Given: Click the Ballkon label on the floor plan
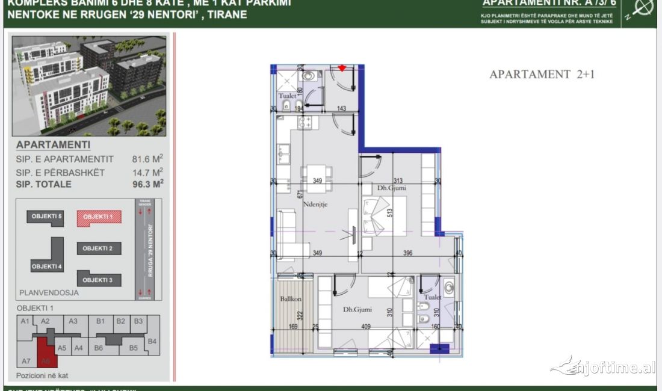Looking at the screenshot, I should click(x=291, y=299).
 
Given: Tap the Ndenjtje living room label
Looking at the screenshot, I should click(x=314, y=205).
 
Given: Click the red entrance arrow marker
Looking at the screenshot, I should click(x=342, y=68).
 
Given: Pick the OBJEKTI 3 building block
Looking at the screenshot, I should click(x=98, y=280).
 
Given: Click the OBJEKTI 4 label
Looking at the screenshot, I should click(x=46, y=266).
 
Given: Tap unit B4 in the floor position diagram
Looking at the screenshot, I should click(x=152, y=341).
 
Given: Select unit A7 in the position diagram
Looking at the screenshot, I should click(x=26, y=361).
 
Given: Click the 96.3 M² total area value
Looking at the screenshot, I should click(x=147, y=184).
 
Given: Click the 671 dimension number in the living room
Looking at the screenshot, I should click(x=299, y=194).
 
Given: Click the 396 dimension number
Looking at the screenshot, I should click(x=407, y=253).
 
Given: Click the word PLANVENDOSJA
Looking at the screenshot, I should click(x=48, y=293).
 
